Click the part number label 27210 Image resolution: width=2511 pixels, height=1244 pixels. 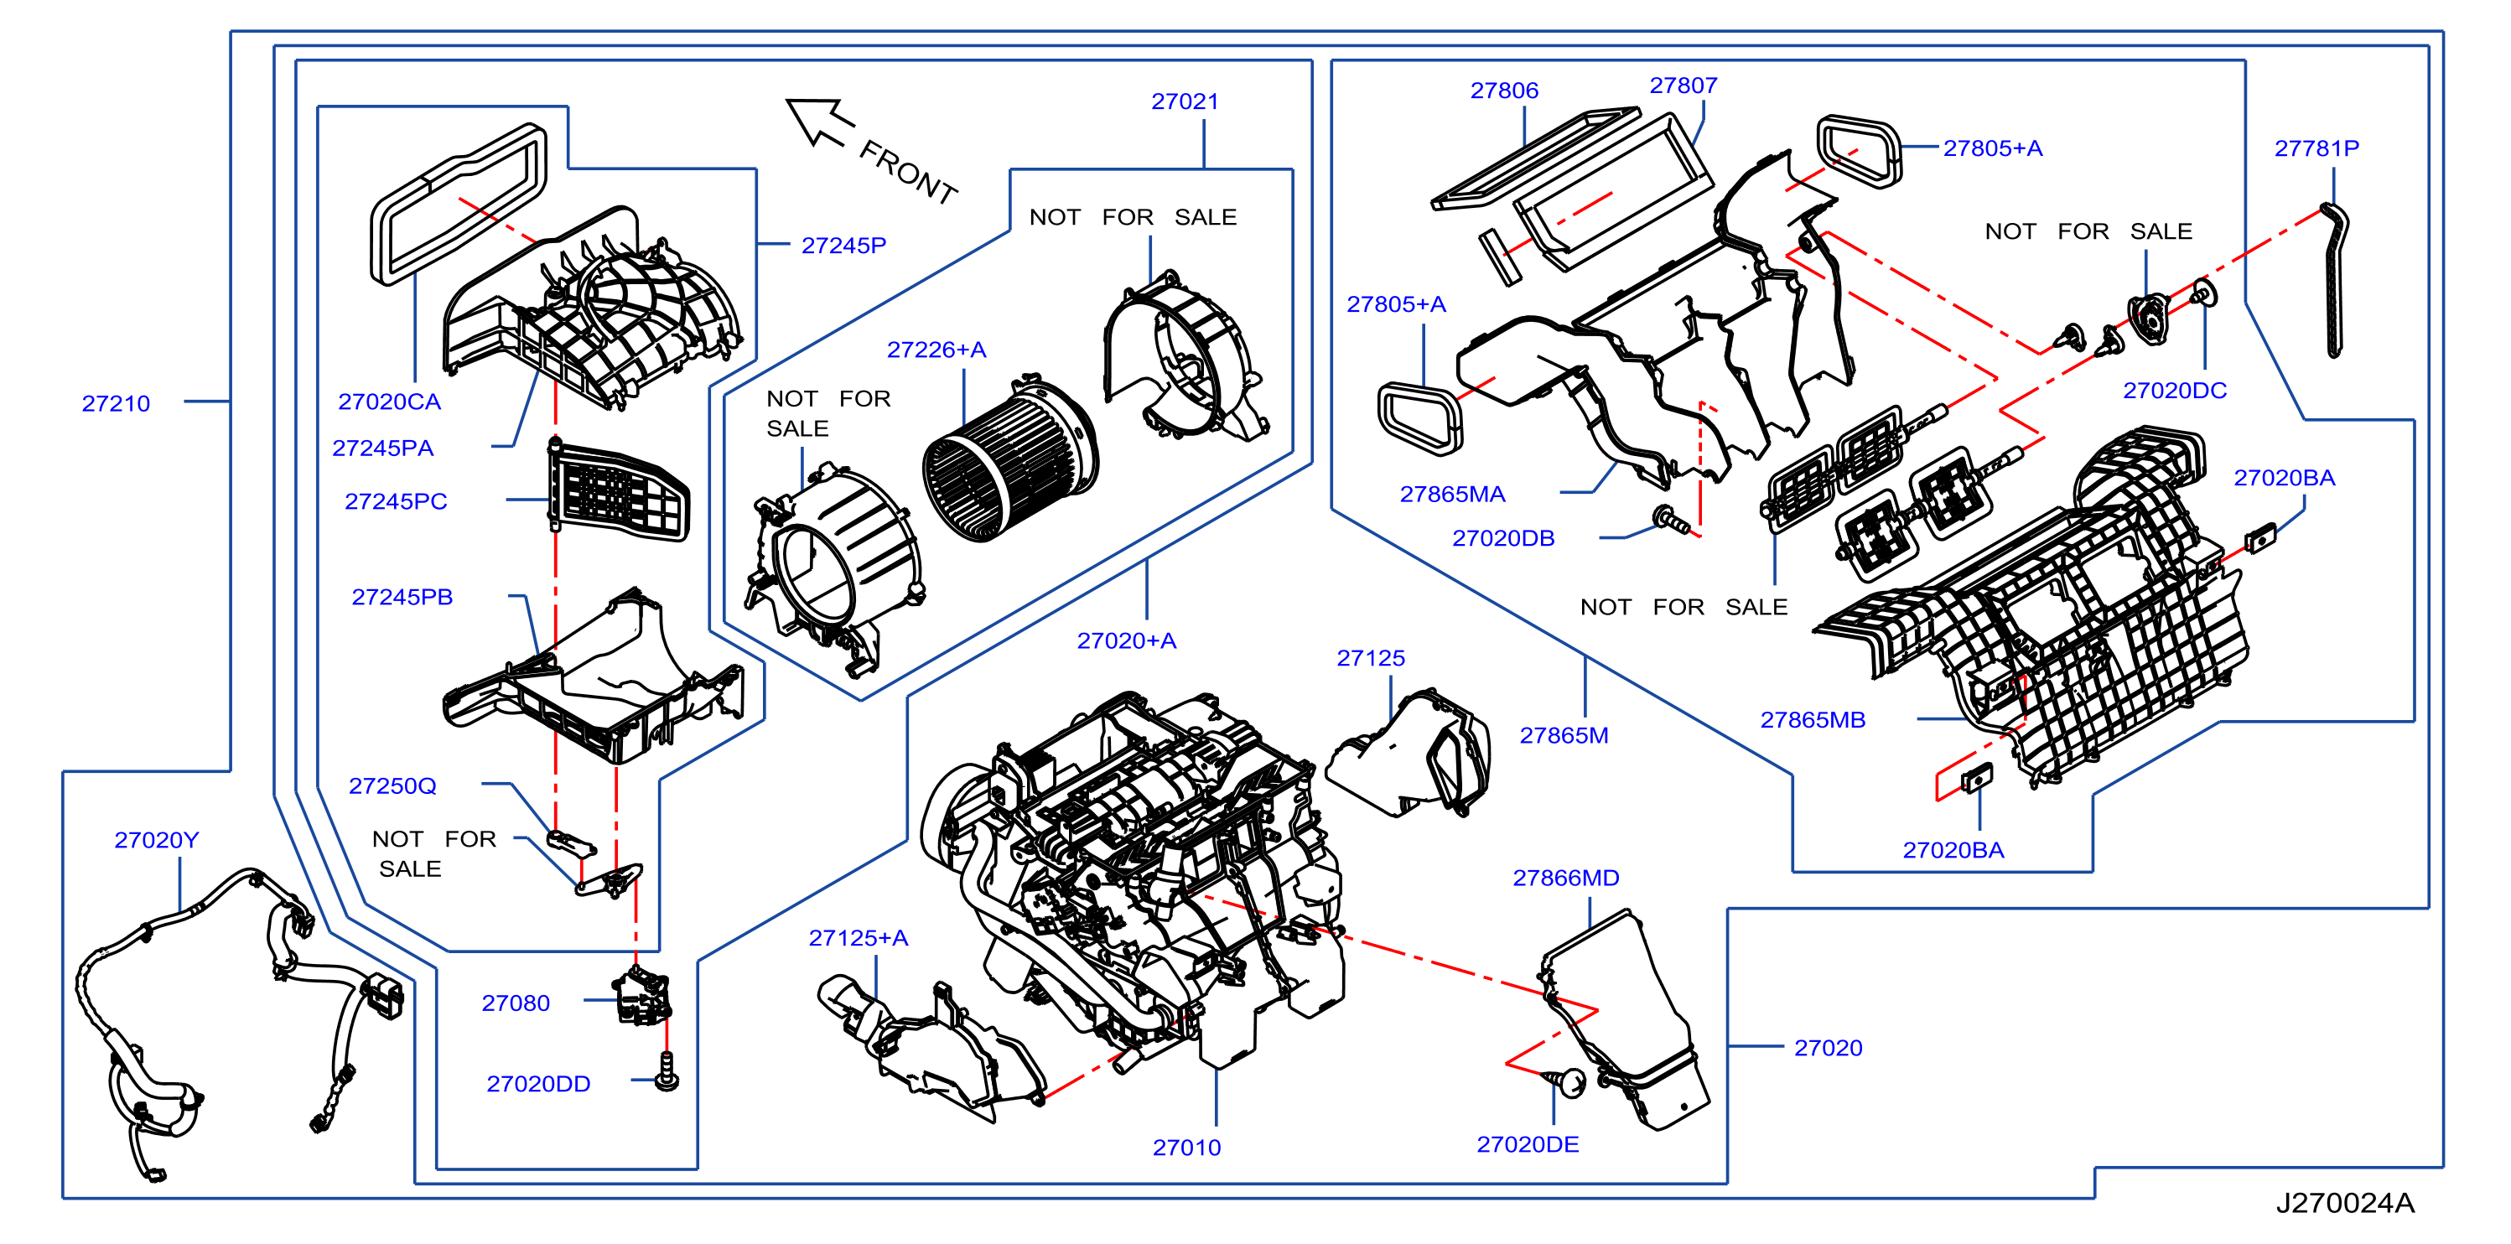pyautogui.click(x=116, y=403)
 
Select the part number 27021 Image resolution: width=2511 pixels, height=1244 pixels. pyautogui.click(x=1185, y=101)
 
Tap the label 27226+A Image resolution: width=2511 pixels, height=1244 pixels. pyautogui.click(x=936, y=350)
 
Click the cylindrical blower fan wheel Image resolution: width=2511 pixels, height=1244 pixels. pyautogui.click(x=1010, y=459)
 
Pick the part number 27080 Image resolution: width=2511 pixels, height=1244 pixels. pyautogui.click(x=516, y=1003)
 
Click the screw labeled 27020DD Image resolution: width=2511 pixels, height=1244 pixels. pyautogui.click(x=667, y=1070)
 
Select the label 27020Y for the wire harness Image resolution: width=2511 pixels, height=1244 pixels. pyautogui.click(x=156, y=841)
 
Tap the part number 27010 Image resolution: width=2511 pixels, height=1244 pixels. pyautogui.click(x=1186, y=1148)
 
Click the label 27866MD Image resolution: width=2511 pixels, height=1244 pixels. pyautogui.click(x=1565, y=879)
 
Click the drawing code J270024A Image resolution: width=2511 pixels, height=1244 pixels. pyautogui.click(x=2344, y=1203)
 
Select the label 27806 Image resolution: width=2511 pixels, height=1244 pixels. pyautogui.click(x=1504, y=91)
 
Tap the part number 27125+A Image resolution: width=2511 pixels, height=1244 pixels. pyautogui.click(x=858, y=938)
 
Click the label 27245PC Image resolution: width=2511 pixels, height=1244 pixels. pyautogui.click(x=396, y=501)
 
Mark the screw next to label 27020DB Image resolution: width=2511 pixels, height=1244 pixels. pyautogui.click(x=1670, y=519)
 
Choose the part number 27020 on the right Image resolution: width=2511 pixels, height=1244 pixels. pyautogui.click(x=1828, y=1048)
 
